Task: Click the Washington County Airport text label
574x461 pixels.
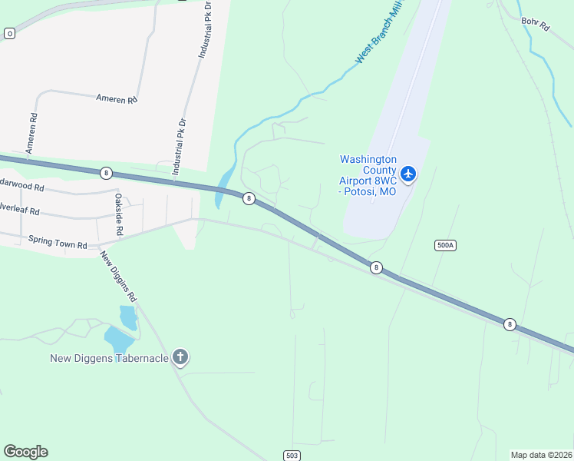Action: pos(368,175)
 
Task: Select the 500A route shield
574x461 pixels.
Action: pos(445,245)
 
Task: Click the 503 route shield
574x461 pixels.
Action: pos(291,456)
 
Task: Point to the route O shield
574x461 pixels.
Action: pos(9,33)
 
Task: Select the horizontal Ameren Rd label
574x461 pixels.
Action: pos(116,99)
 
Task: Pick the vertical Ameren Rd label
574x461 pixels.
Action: pos(32,134)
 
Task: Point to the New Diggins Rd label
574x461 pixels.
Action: pos(120,275)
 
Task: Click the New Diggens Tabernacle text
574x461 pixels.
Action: pos(109,358)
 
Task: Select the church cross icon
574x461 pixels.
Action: pos(180,357)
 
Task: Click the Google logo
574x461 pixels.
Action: pos(25,452)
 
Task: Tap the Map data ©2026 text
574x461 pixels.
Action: pos(541,455)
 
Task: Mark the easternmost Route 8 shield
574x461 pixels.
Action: pos(510,325)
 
